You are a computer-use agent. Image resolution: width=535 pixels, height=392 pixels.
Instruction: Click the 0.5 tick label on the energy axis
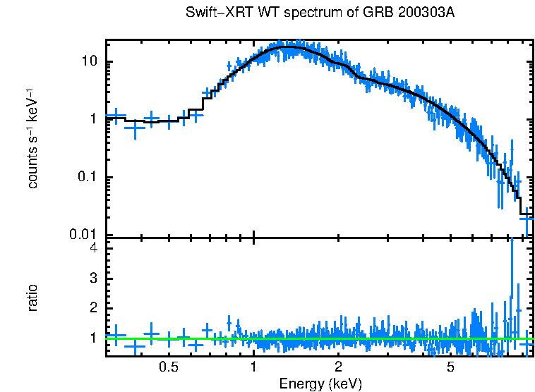click(168, 367)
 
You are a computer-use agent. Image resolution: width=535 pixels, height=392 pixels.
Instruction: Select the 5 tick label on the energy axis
click(450, 367)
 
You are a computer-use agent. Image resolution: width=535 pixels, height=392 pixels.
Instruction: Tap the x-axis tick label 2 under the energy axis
click(339, 367)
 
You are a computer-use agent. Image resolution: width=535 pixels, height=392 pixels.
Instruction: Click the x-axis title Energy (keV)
click(320, 384)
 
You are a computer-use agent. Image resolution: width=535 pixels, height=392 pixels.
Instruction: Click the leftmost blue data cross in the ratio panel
click(116, 336)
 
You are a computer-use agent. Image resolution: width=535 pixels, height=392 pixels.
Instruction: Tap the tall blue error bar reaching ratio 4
click(511, 282)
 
